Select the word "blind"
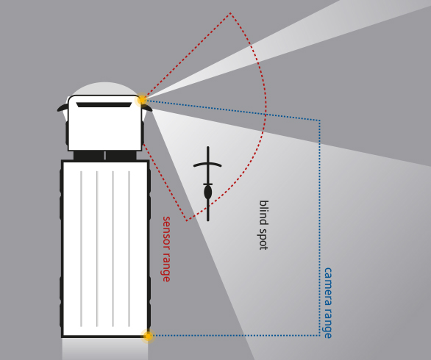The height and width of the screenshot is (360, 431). click(264, 212)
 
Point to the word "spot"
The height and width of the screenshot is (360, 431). click(263, 240)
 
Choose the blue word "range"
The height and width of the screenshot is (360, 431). click(327, 322)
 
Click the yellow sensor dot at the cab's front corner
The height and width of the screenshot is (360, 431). click(142, 99)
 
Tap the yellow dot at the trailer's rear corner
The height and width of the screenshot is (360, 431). click(148, 336)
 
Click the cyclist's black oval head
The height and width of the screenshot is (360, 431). click(208, 192)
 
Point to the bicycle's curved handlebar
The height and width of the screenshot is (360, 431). click(207, 165)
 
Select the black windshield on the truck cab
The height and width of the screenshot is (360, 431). click(104, 105)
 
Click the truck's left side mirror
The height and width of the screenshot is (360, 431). click(63, 108)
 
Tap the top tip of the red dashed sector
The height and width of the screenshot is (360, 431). click(230, 13)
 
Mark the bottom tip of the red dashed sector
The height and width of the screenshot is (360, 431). click(187, 220)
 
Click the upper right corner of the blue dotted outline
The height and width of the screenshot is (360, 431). click(319, 120)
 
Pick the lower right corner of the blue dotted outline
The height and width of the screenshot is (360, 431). click(319, 335)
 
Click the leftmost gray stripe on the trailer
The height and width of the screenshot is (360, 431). click(81, 249)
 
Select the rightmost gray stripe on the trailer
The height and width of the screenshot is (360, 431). click(129, 249)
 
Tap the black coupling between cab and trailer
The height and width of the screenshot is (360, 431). click(104, 156)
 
